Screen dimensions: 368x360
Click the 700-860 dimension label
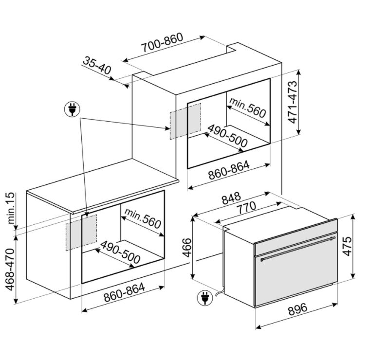tap(163, 42)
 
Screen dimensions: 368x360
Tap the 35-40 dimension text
tap(97, 65)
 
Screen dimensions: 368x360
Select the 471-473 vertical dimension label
tap(293, 102)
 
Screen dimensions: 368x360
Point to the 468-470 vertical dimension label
tap(10, 269)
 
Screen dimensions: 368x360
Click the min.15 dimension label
tap(11, 208)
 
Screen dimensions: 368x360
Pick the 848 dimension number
tap(231, 198)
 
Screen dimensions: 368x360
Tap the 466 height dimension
tap(187, 248)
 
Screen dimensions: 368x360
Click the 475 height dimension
tap(347, 246)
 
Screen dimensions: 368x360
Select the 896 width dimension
tap(297, 309)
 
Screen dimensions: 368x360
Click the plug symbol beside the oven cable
tap(205, 298)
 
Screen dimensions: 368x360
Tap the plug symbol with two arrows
tap(72, 109)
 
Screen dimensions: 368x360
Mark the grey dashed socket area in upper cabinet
tap(185, 121)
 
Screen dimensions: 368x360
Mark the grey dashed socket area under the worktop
tap(81, 233)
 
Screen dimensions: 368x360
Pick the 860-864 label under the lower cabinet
tap(124, 292)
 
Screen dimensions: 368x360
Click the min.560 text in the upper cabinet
tap(248, 108)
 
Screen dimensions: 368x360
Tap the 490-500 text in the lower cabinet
tap(120, 252)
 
